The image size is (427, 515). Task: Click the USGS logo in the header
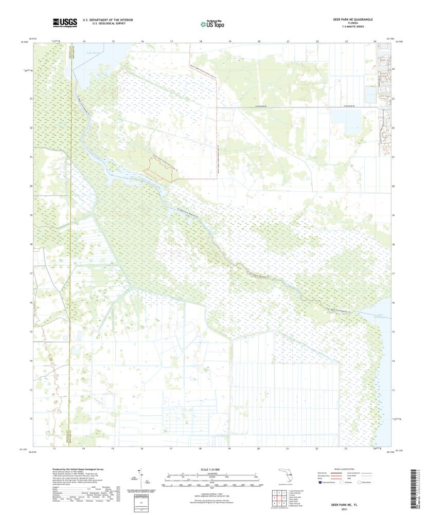[64, 22]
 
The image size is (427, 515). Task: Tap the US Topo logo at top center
[212, 23]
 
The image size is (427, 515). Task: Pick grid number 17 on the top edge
[171, 41]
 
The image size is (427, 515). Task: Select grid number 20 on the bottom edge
[259, 449]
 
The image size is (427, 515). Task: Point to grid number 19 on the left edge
[31, 215]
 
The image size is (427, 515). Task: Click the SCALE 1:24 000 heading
[211, 470]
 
